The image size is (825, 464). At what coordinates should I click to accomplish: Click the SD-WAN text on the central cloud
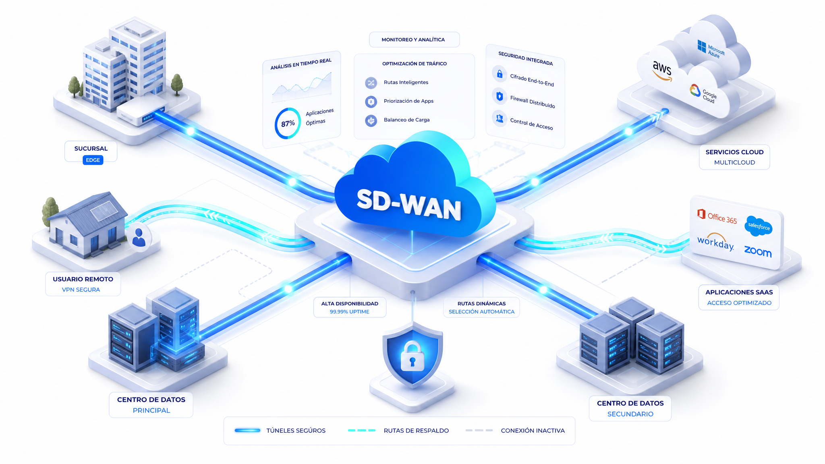pos(409,204)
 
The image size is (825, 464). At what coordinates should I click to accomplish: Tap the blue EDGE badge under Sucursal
pos(93,160)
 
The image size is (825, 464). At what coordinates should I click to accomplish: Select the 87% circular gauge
pos(288,123)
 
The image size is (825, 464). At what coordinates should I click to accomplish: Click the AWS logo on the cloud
pos(662,71)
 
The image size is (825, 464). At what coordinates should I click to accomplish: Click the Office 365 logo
pos(717,217)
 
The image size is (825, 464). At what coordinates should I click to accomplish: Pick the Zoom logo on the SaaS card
pos(758,251)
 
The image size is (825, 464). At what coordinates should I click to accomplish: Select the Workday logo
pos(715,242)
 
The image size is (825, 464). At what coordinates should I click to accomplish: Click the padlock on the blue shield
pos(412,356)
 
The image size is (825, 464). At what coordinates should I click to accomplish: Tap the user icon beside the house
pos(139,237)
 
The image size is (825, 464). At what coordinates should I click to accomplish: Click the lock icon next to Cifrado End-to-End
pos(500,74)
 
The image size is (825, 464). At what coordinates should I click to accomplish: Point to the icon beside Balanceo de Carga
pos(371,120)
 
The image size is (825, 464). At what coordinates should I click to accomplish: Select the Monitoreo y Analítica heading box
pos(414,39)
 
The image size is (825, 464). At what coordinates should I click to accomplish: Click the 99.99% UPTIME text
pos(350,312)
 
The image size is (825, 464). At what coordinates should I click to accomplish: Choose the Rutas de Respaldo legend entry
pos(398,431)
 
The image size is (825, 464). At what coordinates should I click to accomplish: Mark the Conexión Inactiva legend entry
pos(515,431)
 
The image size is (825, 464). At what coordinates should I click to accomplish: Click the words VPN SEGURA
pos(81,290)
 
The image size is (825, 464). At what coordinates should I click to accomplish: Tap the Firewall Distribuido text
pos(533,102)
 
